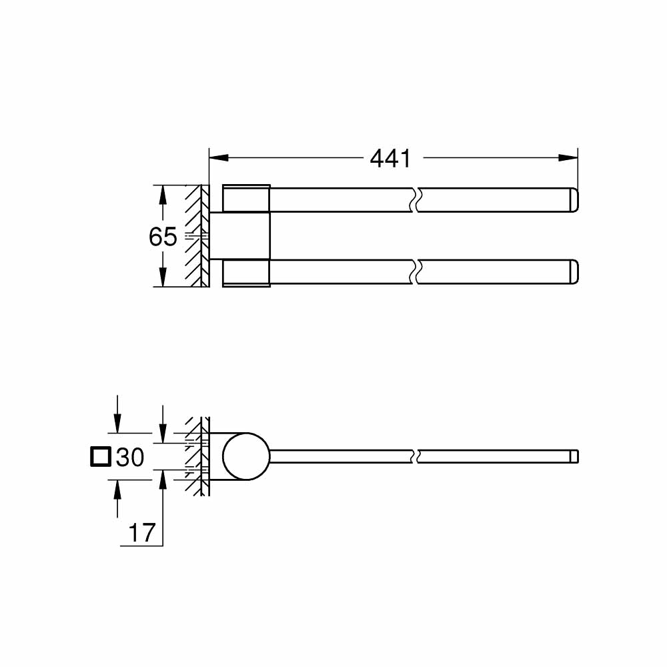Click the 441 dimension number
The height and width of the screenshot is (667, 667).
coord(390,158)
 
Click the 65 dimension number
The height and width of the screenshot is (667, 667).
coord(163,237)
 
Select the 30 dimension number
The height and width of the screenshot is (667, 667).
coord(130,457)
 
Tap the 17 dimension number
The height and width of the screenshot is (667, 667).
coord(141,532)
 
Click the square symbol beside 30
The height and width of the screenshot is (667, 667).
coord(100,457)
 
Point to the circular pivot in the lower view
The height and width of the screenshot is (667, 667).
coord(246,457)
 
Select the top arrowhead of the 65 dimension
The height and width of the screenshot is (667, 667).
coord(161,194)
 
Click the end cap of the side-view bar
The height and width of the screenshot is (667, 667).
coord(574,457)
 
